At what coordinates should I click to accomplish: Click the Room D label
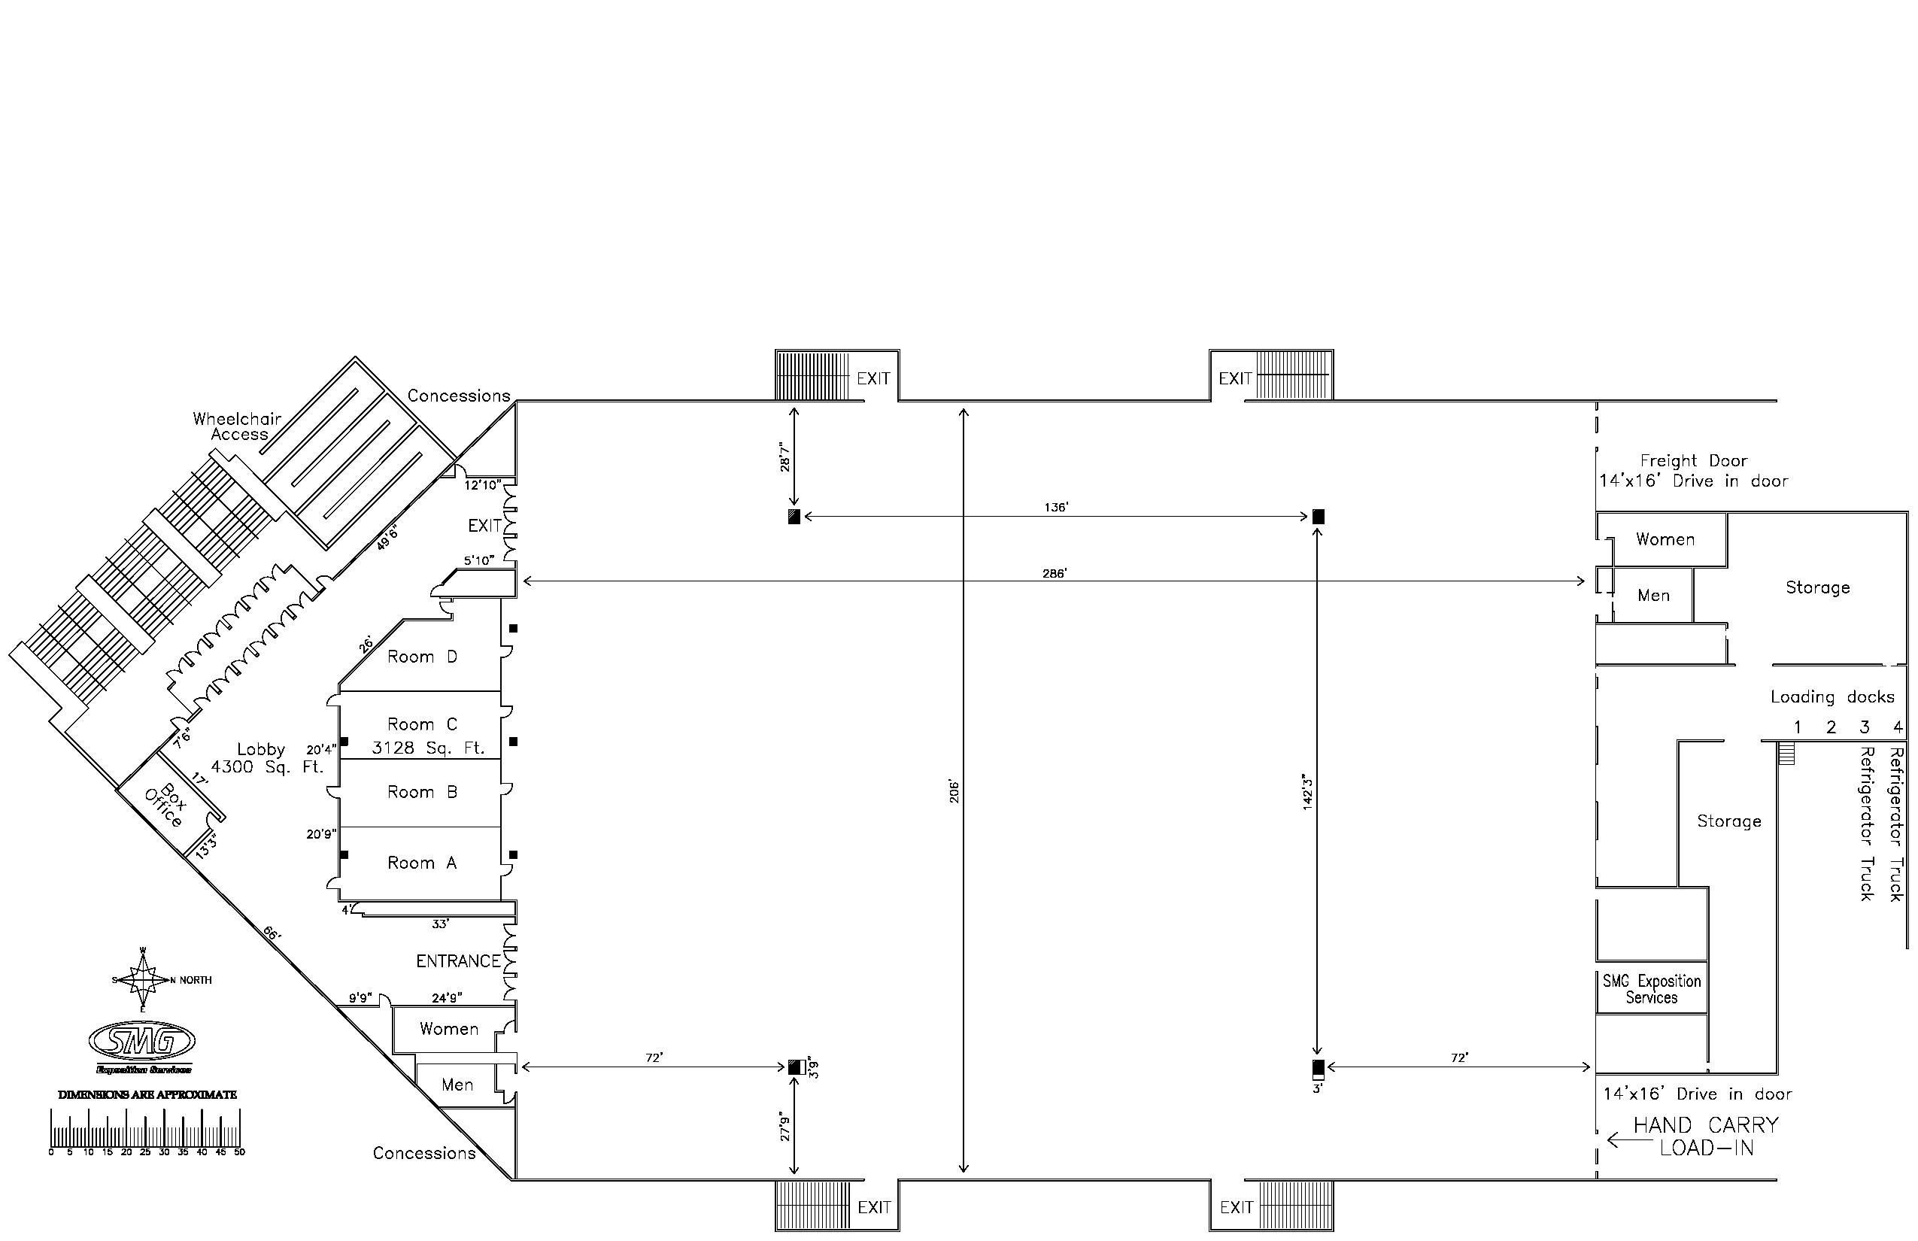click(421, 657)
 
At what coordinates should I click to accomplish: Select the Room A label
click(421, 863)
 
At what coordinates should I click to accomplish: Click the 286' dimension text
click(1054, 574)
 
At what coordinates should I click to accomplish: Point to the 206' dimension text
click(954, 790)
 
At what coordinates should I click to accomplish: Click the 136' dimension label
click(1056, 508)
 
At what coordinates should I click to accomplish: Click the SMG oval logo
click(143, 1042)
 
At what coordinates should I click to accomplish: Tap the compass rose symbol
click(144, 980)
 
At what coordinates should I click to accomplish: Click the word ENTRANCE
click(458, 960)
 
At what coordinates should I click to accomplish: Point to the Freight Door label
click(1694, 461)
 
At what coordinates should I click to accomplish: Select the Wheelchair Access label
click(237, 426)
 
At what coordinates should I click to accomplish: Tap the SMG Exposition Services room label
click(1651, 989)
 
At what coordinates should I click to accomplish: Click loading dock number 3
click(1864, 728)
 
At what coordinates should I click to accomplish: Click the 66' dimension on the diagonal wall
click(271, 934)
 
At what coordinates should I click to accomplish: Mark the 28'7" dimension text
click(786, 456)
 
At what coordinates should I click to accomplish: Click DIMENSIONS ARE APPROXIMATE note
click(147, 1094)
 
